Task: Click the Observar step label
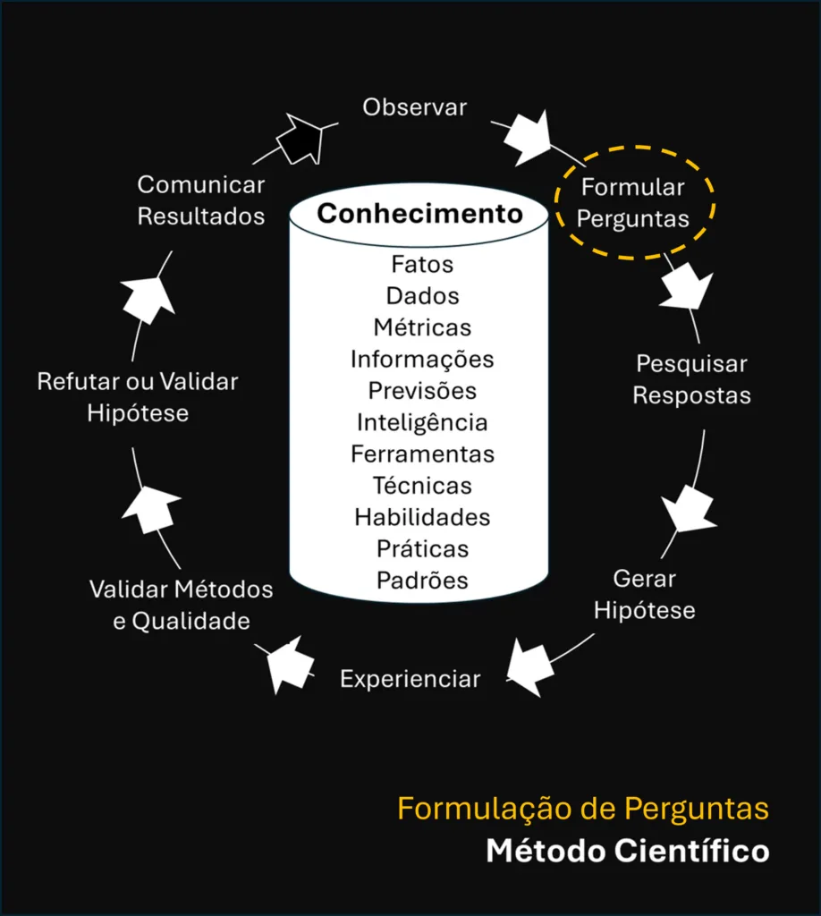click(x=414, y=107)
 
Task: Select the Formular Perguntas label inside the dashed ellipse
click(x=633, y=203)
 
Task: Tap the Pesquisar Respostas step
click(x=691, y=380)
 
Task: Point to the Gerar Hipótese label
click(x=644, y=594)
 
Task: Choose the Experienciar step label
click(x=410, y=679)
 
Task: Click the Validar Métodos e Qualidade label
click(x=181, y=605)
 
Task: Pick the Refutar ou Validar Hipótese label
click(x=138, y=397)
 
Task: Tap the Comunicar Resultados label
click(x=201, y=200)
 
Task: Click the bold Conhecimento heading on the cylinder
click(x=419, y=214)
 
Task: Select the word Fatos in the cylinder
click(x=422, y=265)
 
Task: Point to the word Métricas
click(x=422, y=327)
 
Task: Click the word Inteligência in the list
click(x=422, y=422)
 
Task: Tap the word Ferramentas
click(x=422, y=454)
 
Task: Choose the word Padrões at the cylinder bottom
click(x=422, y=580)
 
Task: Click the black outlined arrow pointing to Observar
click(x=300, y=139)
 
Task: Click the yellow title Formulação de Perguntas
click(x=583, y=809)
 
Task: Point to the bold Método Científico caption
click(x=627, y=851)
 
